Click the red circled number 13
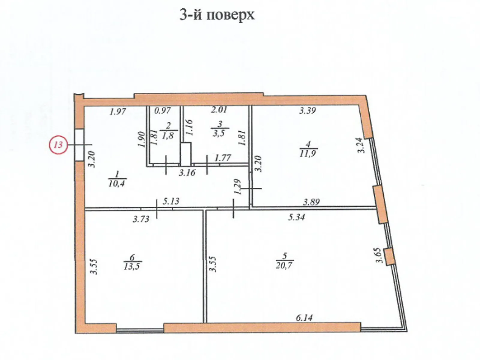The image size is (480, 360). pos(58,145)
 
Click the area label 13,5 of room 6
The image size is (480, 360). pos(133,266)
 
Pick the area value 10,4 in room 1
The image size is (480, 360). pos(117,183)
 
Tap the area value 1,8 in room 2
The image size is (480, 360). pos(169,135)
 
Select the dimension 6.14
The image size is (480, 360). pos(304,317)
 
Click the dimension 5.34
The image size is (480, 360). pos(296,217)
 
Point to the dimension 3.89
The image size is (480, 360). pos(311,202)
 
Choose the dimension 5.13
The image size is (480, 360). pos(171,201)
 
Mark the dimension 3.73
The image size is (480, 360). pos(141,219)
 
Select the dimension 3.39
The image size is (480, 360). pos(307,111)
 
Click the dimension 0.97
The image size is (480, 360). pos(162,111)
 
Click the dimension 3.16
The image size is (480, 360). pos(187,173)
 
